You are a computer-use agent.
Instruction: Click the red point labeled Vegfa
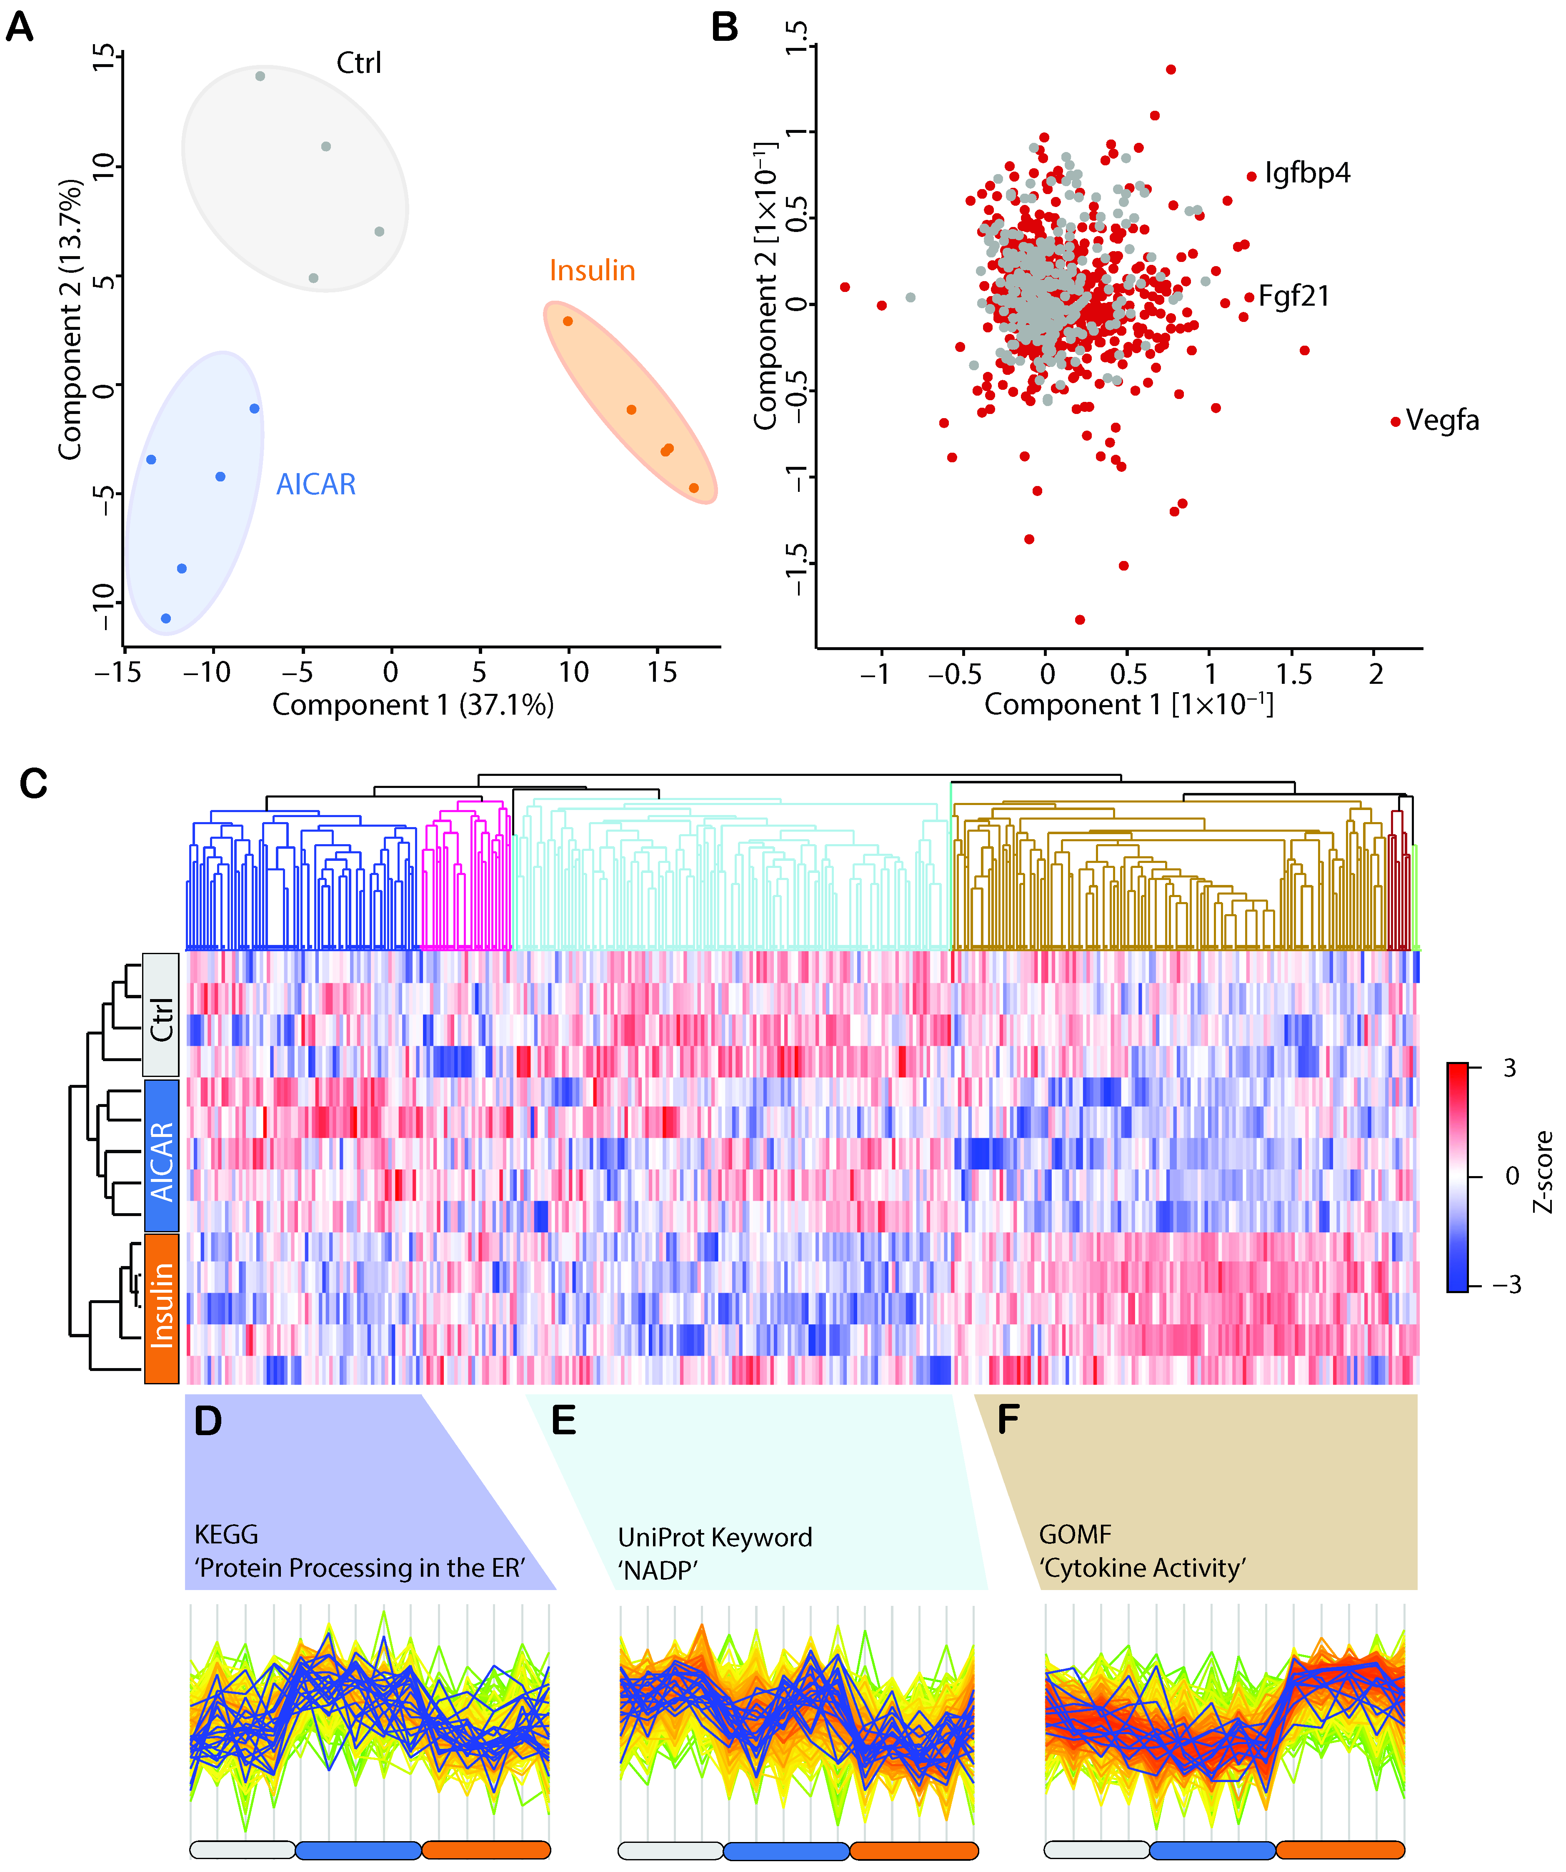pyautogui.click(x=1395, y=421)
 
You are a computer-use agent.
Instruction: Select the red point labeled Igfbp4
pyautogui.click(x=1251, y=177)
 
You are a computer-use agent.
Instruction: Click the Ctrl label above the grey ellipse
pyautogui.click(x=358, y=63)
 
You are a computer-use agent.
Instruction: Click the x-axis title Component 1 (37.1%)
pyautogui.click(x=413, y=705)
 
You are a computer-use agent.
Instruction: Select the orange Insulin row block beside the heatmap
pyautogui.click(x=161, y=1308)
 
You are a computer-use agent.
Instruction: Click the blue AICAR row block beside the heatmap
pyautogui.click(x=161, y=1155)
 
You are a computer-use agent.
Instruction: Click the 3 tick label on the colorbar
pyautogui.click(x=1509, y=1068)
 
